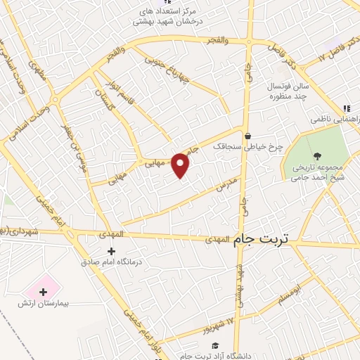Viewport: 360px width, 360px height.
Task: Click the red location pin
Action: pos(181,165)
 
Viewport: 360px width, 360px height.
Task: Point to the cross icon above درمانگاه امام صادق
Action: pos(112,251)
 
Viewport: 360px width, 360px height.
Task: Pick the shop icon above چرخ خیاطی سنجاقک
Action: pos(247,136)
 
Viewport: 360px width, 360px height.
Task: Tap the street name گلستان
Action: pos(105,98)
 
